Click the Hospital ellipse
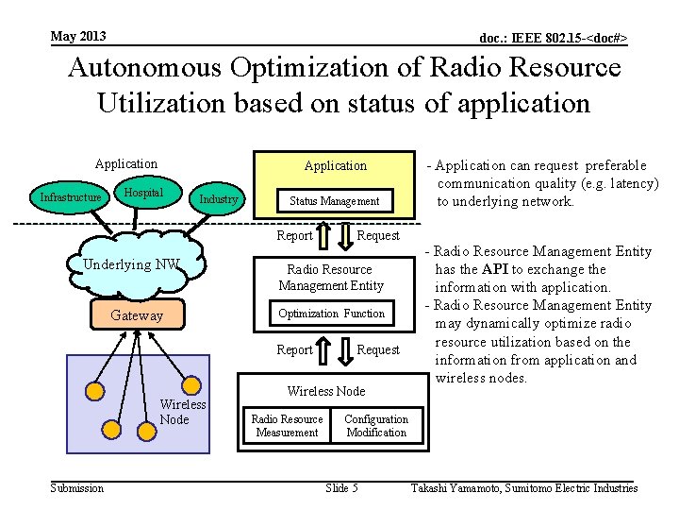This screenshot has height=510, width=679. pos(142,193)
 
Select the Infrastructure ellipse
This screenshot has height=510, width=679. pos(70,198)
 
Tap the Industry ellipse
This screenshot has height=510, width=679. pos(218,199)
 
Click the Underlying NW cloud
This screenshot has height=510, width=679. pos(131,265)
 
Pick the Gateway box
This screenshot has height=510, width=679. pos(137,315)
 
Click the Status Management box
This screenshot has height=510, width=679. pos(334,200)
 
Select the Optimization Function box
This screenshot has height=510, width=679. pos(331,314)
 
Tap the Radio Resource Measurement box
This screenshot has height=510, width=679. pos(287,426)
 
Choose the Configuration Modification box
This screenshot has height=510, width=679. pos(376,426)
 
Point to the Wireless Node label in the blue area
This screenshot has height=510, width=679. pos(182,412)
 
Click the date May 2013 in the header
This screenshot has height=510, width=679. pos(78,37)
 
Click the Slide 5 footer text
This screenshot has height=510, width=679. pos(341,488)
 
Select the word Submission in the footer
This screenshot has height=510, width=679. pos(77,488)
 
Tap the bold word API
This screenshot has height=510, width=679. pos(497,269)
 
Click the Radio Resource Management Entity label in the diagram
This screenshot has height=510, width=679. pos(331,278)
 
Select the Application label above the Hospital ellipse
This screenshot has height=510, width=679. pos(126,163)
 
